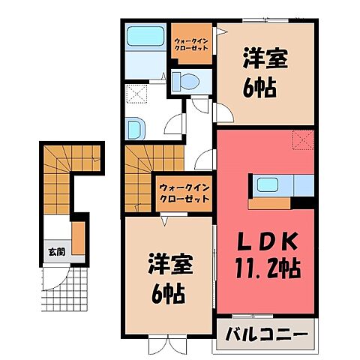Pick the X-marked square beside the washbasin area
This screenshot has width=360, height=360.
pos(136,94)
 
